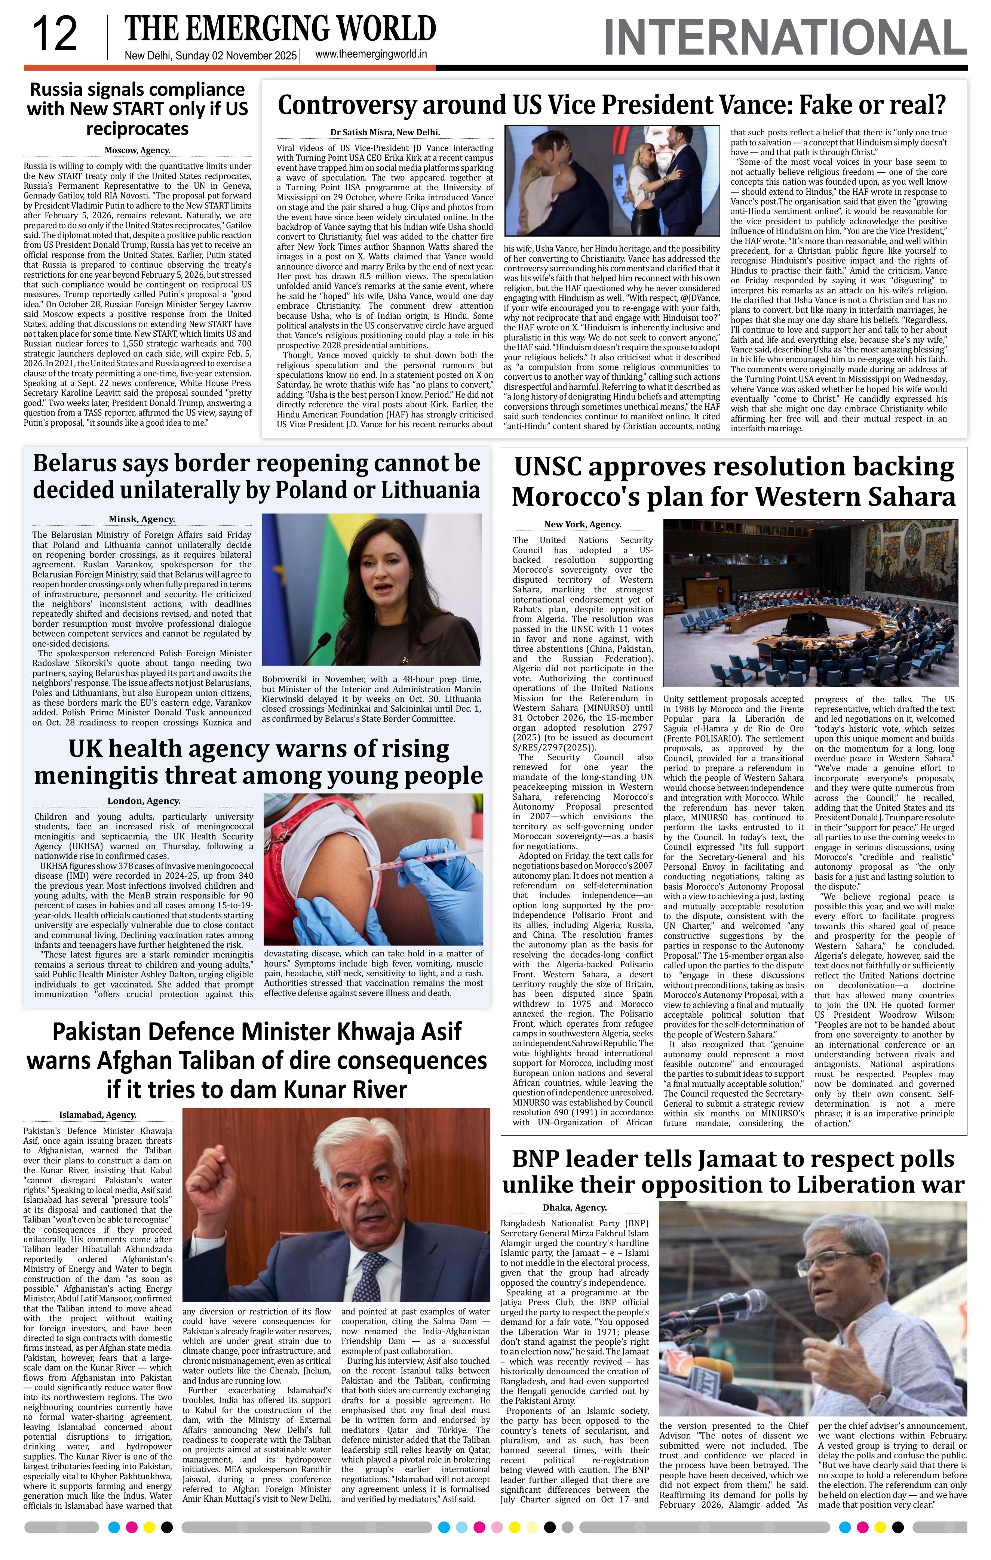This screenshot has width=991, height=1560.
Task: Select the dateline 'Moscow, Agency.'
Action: coord(137,150)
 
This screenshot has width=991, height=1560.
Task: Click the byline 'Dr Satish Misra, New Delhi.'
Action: coord(385,132)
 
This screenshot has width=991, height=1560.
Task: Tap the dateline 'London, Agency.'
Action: coord(144,801)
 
